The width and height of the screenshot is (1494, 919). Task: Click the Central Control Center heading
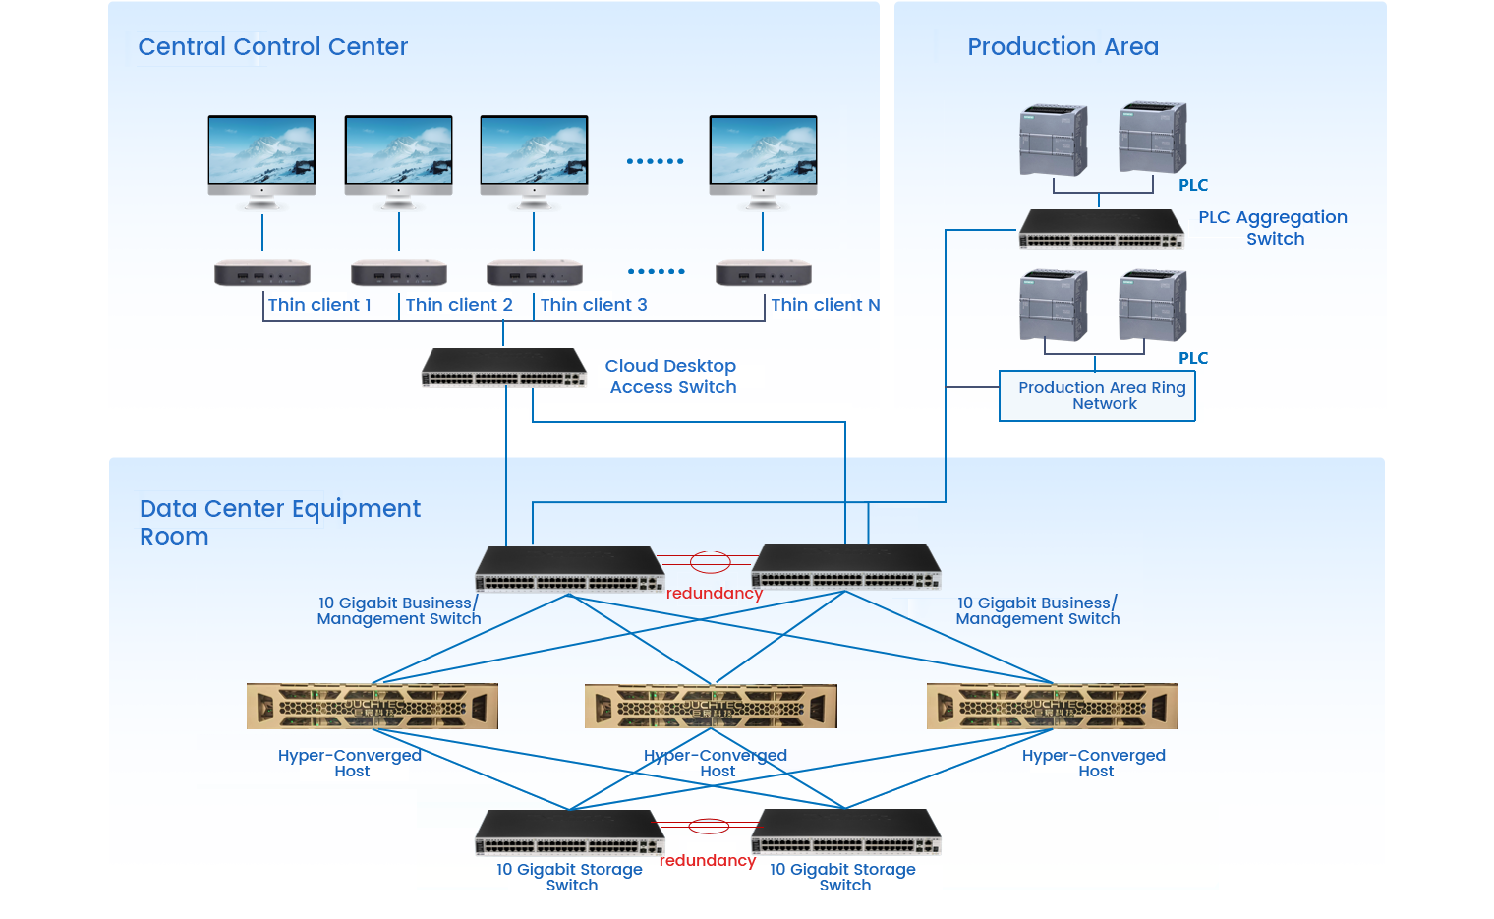(272, 47)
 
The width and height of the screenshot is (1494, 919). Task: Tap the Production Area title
(1063, 47)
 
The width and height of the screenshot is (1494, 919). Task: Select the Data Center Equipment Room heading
(279, 522)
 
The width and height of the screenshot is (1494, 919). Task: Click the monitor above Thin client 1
(261, 156)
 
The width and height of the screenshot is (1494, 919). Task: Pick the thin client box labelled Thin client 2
(398, 272)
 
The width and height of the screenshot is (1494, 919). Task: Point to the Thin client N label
(825, 305)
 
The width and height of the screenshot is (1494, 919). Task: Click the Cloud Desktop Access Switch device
(503, 368)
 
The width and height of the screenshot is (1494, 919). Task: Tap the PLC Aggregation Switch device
(1101, 229)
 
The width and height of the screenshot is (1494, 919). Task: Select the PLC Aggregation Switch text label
(1273, 227)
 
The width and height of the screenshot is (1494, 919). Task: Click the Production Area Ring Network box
(1097, 395)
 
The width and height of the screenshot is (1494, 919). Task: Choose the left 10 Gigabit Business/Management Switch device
(569, 569)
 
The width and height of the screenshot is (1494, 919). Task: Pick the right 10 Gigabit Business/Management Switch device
(845, 567)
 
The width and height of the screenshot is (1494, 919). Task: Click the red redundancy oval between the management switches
(710, 563)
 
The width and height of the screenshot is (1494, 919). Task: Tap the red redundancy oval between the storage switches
(708, 826)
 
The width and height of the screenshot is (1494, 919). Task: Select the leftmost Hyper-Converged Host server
(372, 707)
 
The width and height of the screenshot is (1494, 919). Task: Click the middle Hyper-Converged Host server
(711, 707)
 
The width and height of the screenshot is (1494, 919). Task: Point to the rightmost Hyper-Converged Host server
(1052, 707)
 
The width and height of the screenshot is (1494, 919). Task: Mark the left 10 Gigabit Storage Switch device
(570, 833)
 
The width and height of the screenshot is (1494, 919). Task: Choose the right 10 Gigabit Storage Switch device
(846, 832)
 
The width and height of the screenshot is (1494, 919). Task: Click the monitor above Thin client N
(764, 156)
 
